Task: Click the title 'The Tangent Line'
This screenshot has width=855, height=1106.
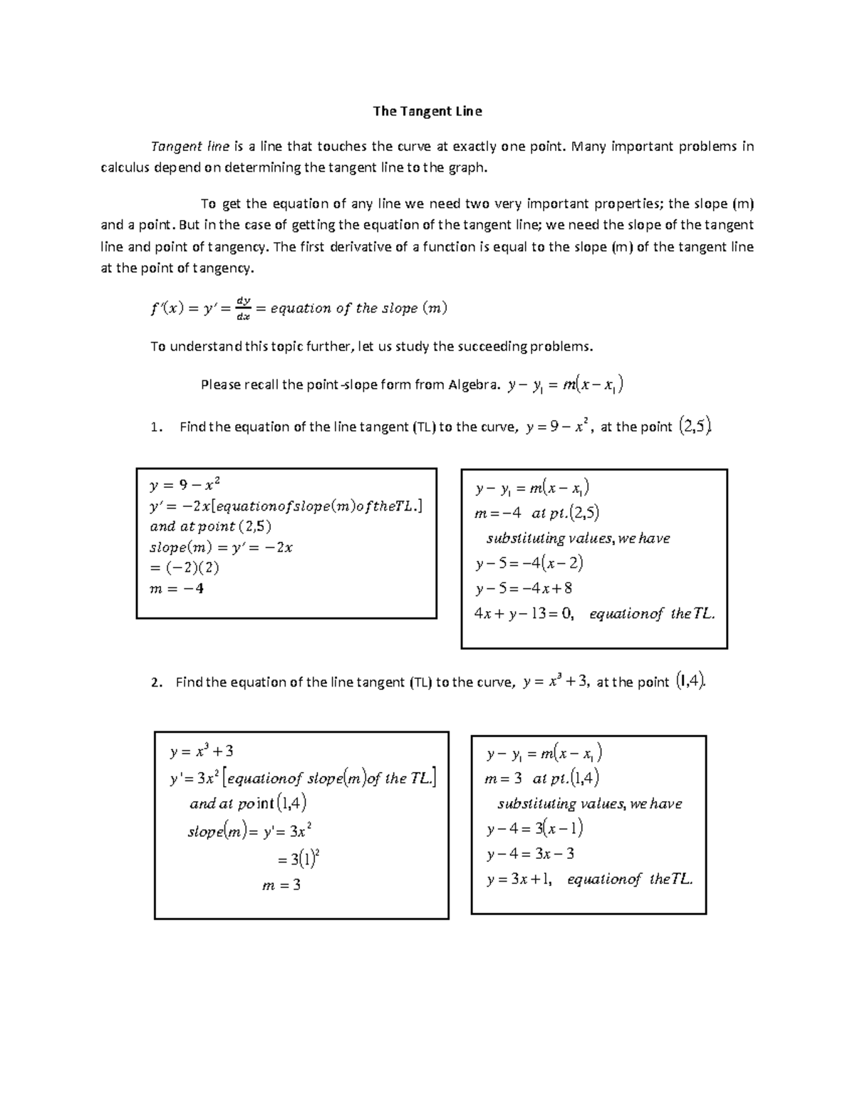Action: [427, 111]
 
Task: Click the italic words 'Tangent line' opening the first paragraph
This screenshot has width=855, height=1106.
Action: [190, 147]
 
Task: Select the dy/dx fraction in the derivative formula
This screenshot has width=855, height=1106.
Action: [244, 308]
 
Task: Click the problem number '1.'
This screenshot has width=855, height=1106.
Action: [157, 427]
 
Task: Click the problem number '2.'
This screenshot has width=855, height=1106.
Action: [157, 682]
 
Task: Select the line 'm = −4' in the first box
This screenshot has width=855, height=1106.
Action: [177, 588]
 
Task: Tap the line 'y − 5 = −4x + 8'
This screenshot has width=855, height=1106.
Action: [524, 588]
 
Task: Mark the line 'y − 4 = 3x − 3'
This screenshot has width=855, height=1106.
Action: [530, 854]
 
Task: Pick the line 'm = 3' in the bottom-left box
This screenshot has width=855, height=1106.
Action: [281, 886]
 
